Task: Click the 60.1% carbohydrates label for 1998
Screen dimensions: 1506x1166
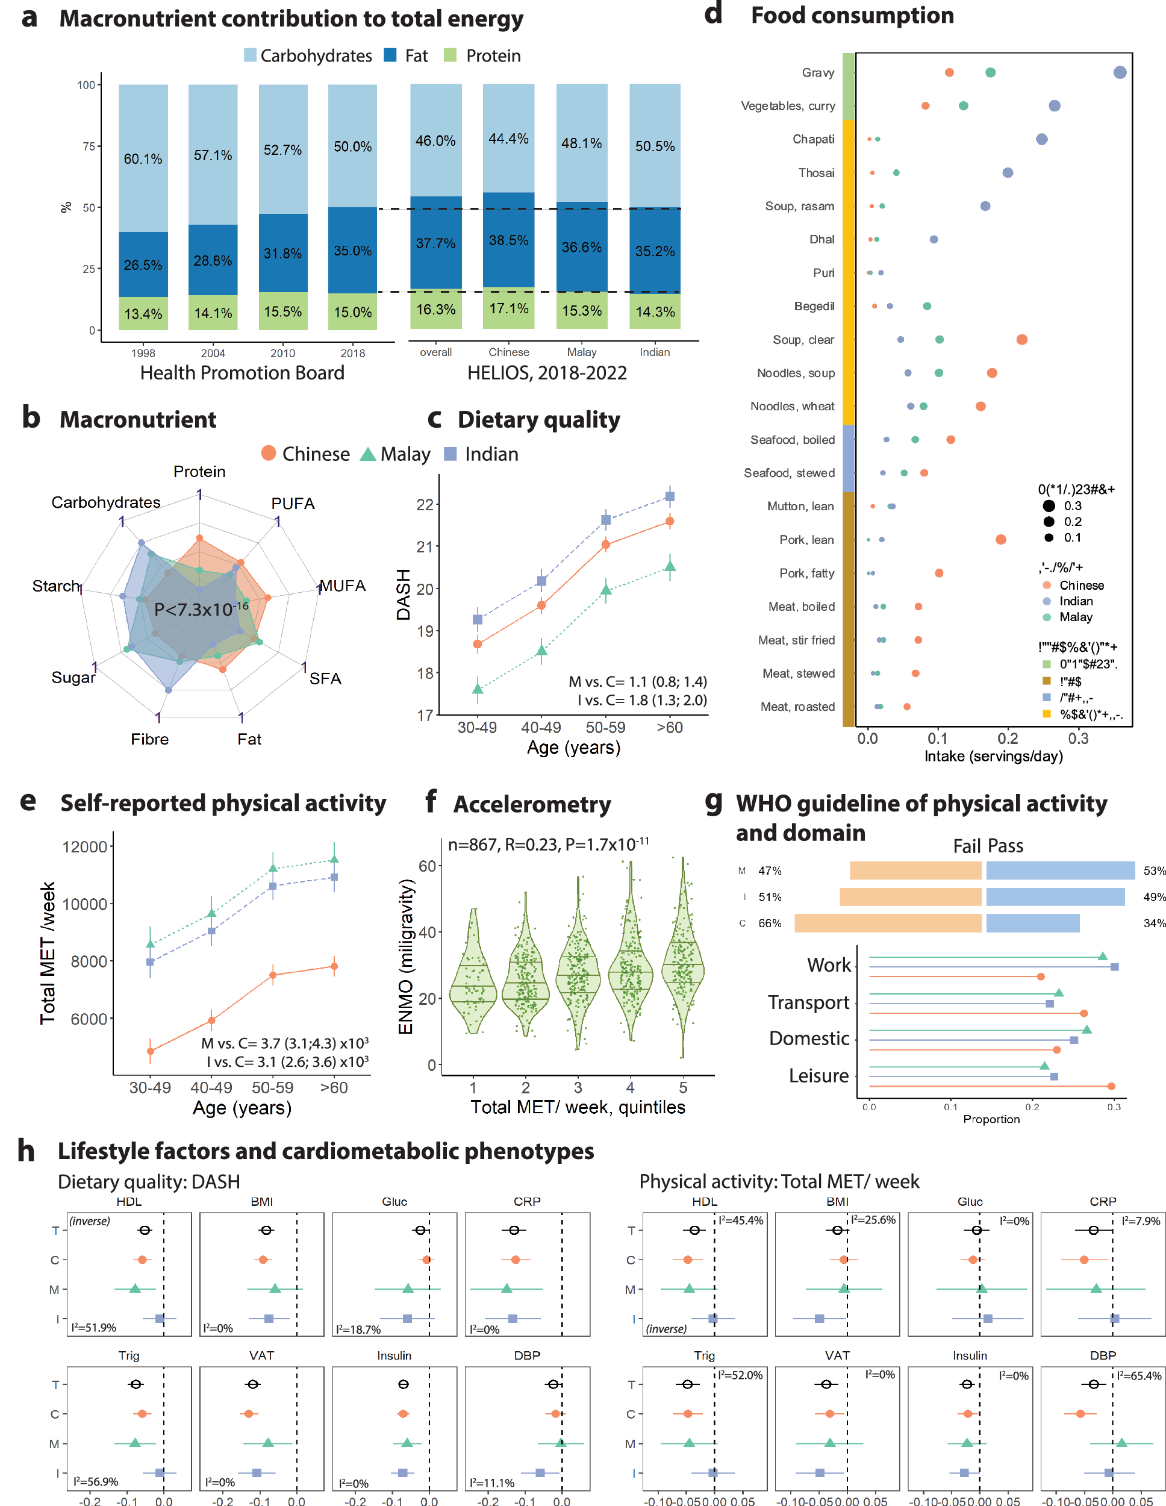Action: (x=143, y=158)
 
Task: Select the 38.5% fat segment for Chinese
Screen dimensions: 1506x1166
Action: (x=508, y=240)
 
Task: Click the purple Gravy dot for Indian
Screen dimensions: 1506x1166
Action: (x=1119, y=72)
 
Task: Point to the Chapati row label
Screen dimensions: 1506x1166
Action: (x=813, y=139)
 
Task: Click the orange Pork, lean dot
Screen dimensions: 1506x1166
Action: (x=1000, y=539)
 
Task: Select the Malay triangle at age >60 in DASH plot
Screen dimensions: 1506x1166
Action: (x=669, y=567)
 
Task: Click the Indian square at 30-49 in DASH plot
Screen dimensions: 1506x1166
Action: (x=477, y=619)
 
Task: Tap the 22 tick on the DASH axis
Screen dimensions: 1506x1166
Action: (x=425, y=505)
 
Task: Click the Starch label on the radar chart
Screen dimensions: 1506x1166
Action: (x=56, y=586)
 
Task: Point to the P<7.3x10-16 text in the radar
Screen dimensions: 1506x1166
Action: (x=200, y=609)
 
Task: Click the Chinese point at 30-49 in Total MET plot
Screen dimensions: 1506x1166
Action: (x=151, y=1051)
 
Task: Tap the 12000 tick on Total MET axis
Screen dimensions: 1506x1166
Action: (x=85, y=847)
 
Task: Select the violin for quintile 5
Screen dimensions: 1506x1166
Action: (x=682, y=966)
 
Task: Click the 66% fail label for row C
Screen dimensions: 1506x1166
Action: (x=770, y=923)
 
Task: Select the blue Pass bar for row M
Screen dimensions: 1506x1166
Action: (x=1059, y=871)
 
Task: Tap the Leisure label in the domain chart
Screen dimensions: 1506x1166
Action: (x=818, y=1076)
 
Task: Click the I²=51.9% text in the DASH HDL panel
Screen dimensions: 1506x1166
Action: (x=94, y=1328)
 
